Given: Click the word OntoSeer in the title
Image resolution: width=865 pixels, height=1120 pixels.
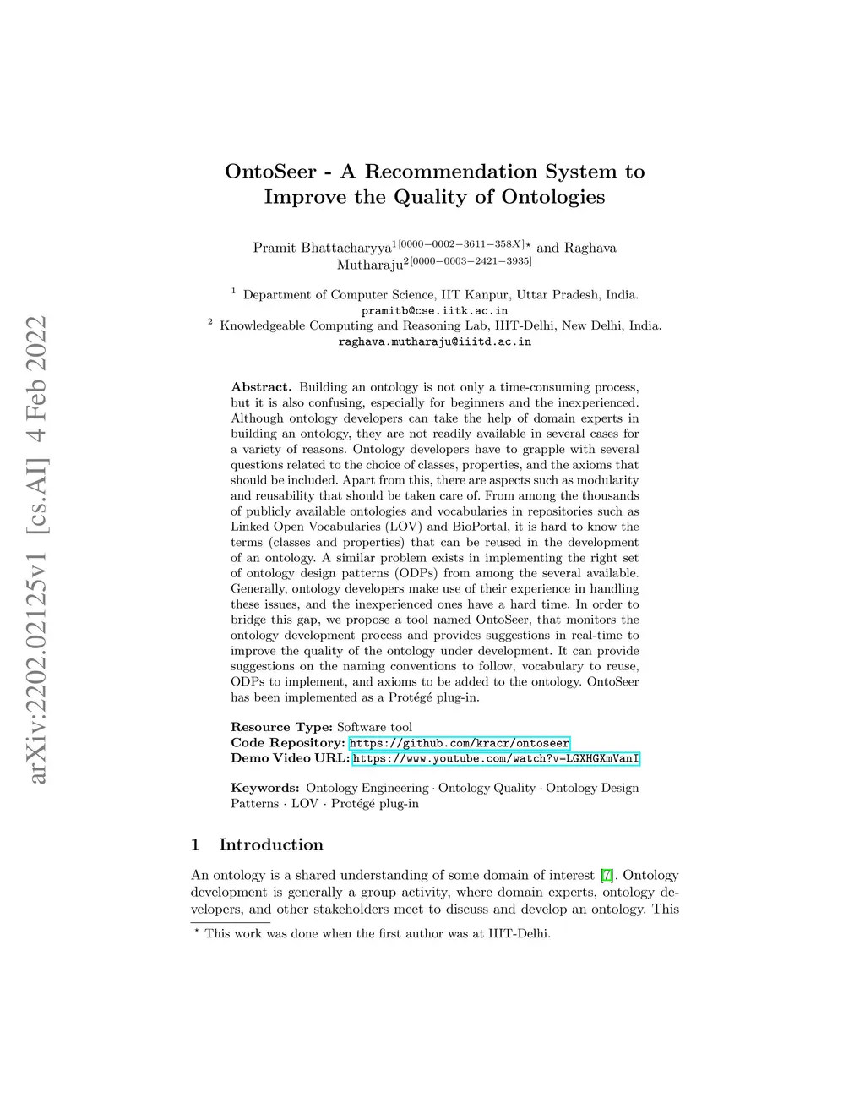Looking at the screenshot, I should point(270,172).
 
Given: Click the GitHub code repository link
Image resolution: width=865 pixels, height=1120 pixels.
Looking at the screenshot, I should point(459,743).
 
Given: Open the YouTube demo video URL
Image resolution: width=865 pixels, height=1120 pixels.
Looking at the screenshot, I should point(495,759).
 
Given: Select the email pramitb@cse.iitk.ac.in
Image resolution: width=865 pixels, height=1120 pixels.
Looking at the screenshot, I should point(434,310).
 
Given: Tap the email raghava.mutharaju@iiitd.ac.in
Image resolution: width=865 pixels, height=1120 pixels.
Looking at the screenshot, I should point(434,341).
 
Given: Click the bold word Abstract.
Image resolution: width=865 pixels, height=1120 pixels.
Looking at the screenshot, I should point(261,387).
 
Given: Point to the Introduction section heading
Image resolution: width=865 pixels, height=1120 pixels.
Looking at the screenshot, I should point(270,844).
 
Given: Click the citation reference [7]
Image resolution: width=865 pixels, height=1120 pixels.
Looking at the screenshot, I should point(607,876).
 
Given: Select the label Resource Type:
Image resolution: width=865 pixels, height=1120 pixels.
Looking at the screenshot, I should point(281,727).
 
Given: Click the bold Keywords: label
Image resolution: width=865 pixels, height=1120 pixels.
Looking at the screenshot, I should point(264,788).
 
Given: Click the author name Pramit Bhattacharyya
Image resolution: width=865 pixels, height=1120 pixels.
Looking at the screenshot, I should point(322,249).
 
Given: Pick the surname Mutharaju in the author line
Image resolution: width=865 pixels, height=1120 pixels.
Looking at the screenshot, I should point(369,265).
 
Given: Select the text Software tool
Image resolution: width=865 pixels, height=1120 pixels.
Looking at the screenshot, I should point(374,727).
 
